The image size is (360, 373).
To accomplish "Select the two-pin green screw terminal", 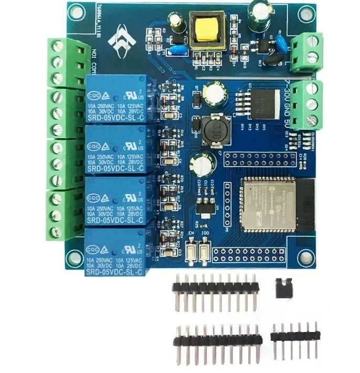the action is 306,51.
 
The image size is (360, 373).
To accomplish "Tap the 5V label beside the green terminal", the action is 286,116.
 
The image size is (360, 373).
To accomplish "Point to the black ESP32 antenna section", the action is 305,202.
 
